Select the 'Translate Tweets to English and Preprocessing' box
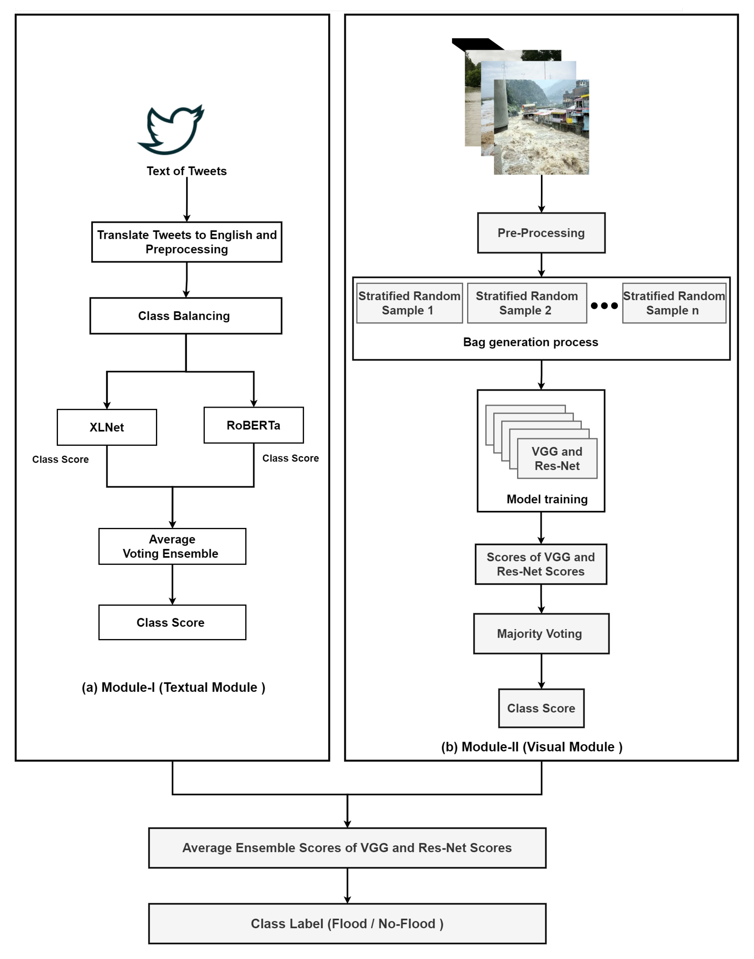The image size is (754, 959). (187, 242)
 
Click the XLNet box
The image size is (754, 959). (107, 427)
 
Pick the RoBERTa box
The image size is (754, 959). (253, 425)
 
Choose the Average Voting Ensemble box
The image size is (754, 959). (172, 546)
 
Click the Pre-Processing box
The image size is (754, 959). (541, 233)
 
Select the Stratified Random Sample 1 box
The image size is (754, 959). (409, 303)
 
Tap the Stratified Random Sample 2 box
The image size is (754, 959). (527, 303)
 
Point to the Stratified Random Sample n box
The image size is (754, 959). (674, 303)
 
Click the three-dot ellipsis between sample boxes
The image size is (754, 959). (604, 306)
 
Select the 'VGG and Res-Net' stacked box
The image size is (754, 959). (557, 458)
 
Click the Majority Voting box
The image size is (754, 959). (541, 634)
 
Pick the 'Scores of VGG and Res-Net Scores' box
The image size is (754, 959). (541, 564)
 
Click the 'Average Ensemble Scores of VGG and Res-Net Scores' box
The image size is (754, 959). (347, 848)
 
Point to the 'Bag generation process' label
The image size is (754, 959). (531, 342)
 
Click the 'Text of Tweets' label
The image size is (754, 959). (187, 171)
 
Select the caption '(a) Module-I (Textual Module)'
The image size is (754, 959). (174, 687)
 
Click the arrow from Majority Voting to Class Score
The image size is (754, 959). (541, 671)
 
